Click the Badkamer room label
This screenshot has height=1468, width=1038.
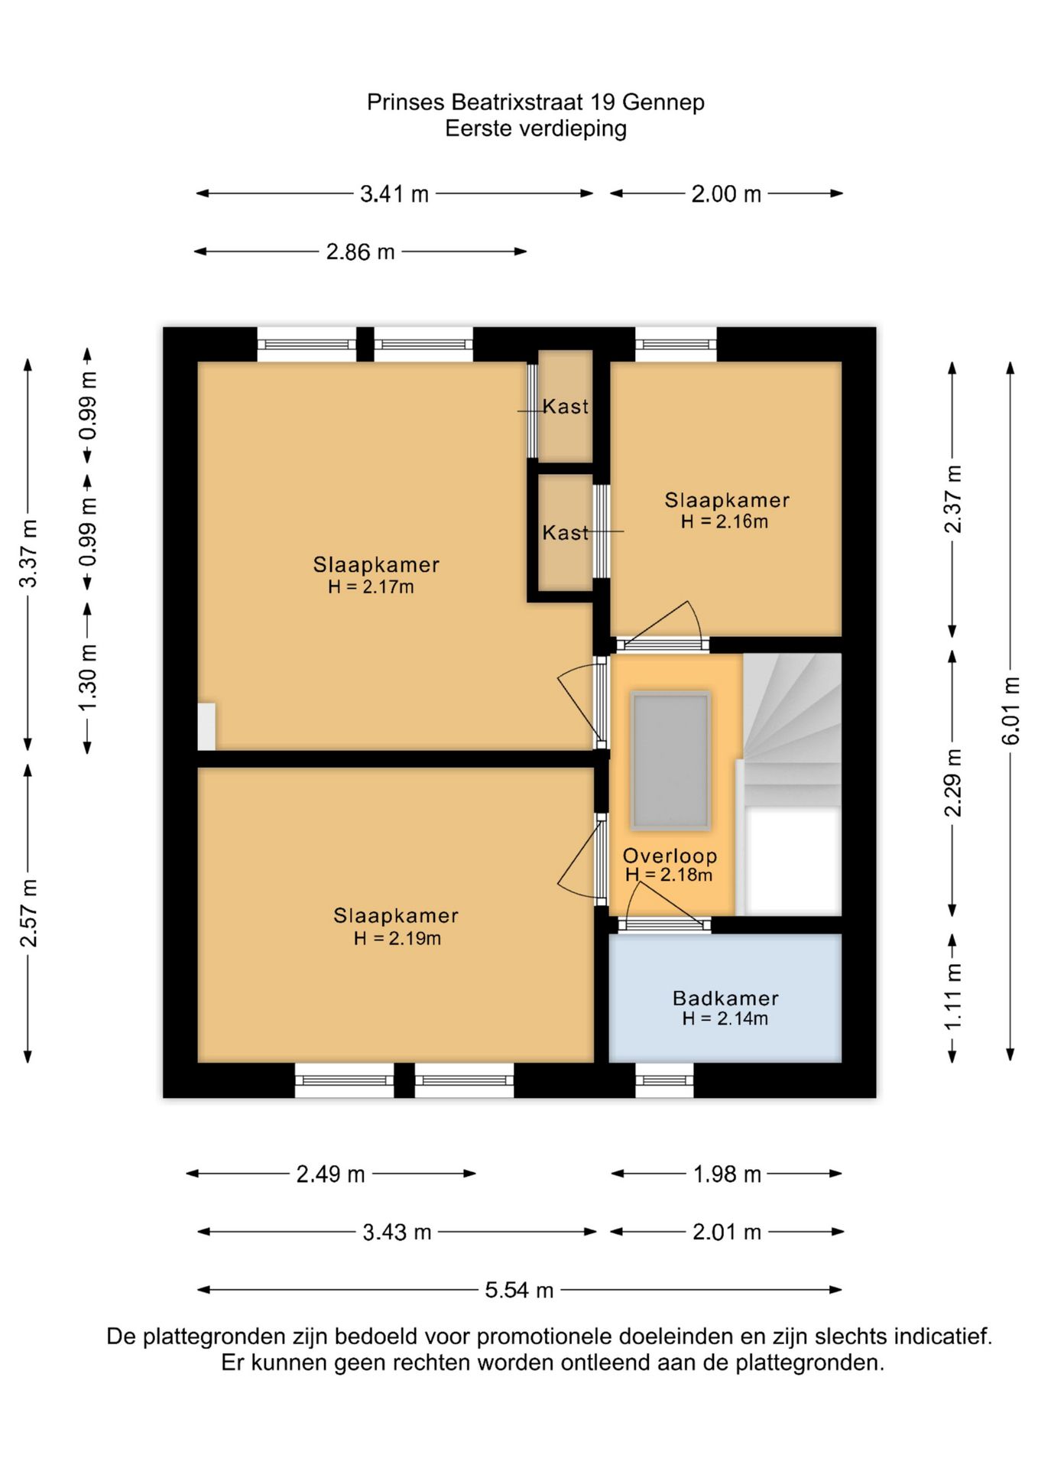point(725,998)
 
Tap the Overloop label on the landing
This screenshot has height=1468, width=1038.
point(670,856)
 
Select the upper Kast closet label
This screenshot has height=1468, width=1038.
point(566,406)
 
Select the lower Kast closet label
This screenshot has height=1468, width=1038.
point(566,532)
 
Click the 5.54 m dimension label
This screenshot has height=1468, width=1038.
point(519,1290)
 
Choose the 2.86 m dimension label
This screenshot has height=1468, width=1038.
point(360,252)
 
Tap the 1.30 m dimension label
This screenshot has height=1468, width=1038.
point(88,677)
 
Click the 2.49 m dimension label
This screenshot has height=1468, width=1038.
point(330,1174)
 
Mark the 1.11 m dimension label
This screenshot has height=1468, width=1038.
point(952,996)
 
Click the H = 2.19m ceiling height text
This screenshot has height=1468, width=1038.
point(397,938)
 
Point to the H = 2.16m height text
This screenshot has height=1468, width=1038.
point(725,521)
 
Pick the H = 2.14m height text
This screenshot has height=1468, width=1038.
point(725,1018)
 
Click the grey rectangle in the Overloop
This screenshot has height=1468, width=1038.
point(670,761)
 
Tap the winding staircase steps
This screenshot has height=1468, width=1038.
point(793,730)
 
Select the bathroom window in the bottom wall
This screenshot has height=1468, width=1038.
point(664,1080)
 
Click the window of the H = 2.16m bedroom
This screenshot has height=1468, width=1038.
point(676,344)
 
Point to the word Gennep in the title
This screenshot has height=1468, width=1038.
point(663,102)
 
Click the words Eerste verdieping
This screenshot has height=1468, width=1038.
point(536,128)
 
